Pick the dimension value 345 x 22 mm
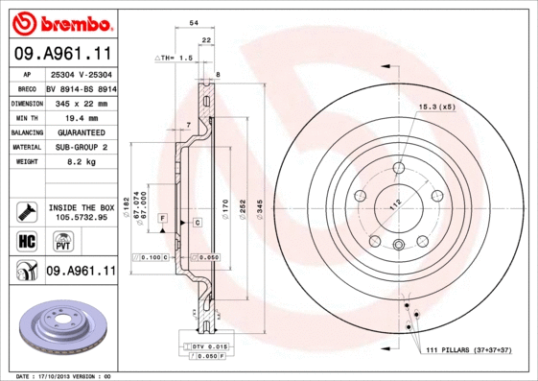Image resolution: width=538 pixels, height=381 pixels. tap(77, 103)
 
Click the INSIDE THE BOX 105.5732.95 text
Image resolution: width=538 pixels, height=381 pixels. tap(81, 212)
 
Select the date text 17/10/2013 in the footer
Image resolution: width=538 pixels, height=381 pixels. tap(61, 375)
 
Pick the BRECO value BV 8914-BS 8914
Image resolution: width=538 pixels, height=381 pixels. tap(81, 88)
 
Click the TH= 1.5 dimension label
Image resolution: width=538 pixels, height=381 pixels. tap(175, 58)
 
